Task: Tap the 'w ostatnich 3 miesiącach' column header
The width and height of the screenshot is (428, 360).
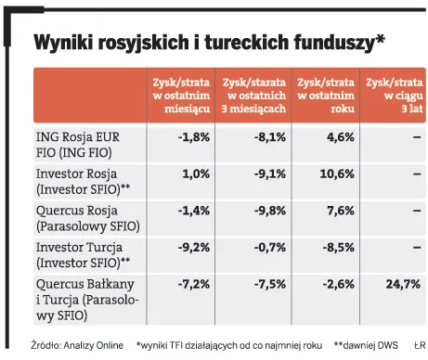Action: [x=254, y=96]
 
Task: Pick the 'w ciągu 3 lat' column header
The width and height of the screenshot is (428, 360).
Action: [x=394, y=96]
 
